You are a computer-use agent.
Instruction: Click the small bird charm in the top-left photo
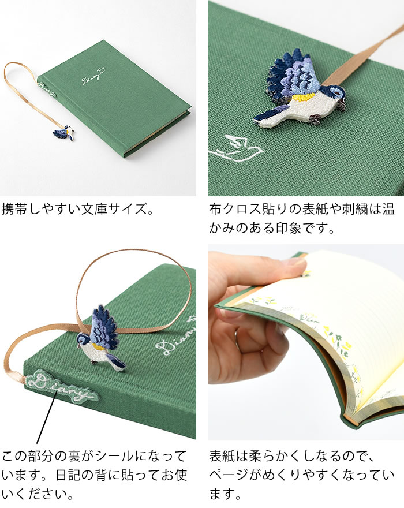[64, 133]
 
